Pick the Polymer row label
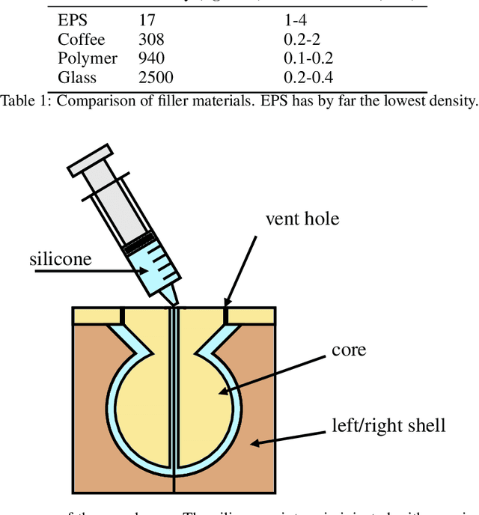point(88,59)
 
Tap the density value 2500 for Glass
point(156,78)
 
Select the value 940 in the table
point(151,59)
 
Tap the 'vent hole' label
point(302,219)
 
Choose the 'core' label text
point(348,350)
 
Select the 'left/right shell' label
point(388,426)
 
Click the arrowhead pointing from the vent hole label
point(225,302)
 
